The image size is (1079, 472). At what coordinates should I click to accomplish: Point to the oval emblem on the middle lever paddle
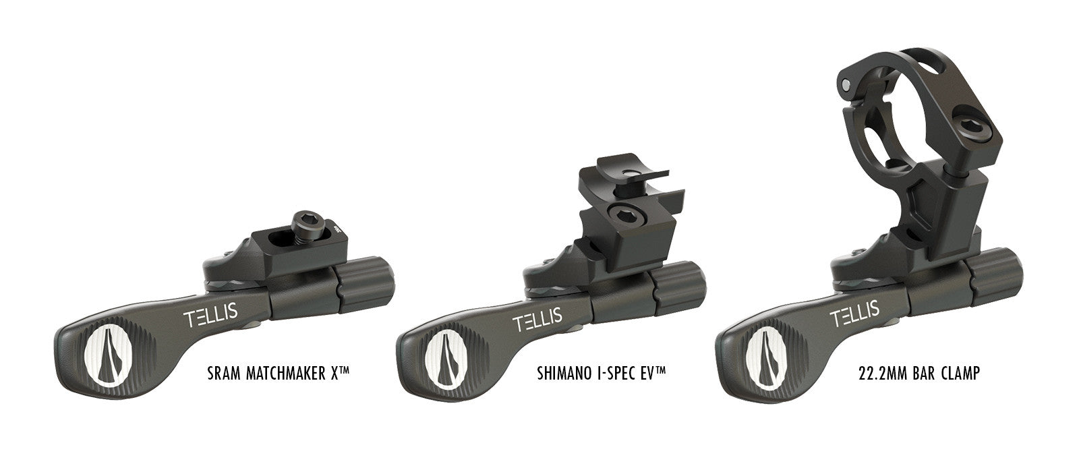(x=442, y=355)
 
